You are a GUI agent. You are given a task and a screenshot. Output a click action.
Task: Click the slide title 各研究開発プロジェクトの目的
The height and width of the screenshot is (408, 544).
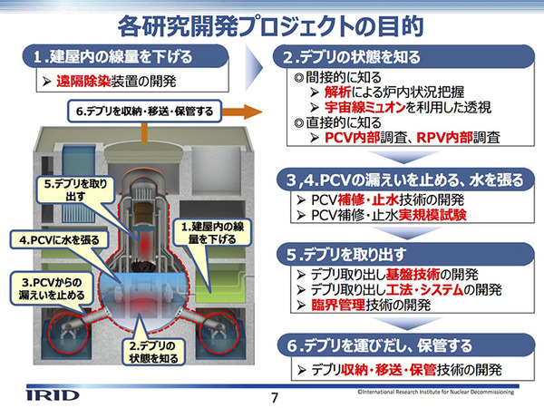[x=272, y=21]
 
